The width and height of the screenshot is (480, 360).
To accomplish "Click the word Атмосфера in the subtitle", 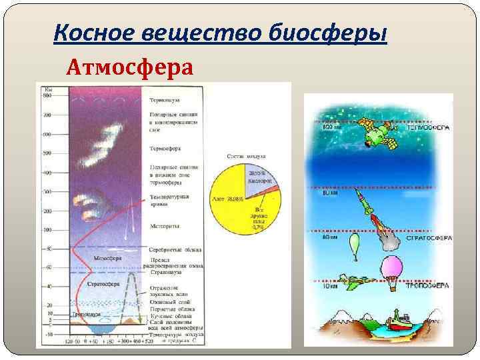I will [129, 67].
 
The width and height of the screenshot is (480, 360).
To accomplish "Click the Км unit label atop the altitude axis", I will [48, 89].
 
